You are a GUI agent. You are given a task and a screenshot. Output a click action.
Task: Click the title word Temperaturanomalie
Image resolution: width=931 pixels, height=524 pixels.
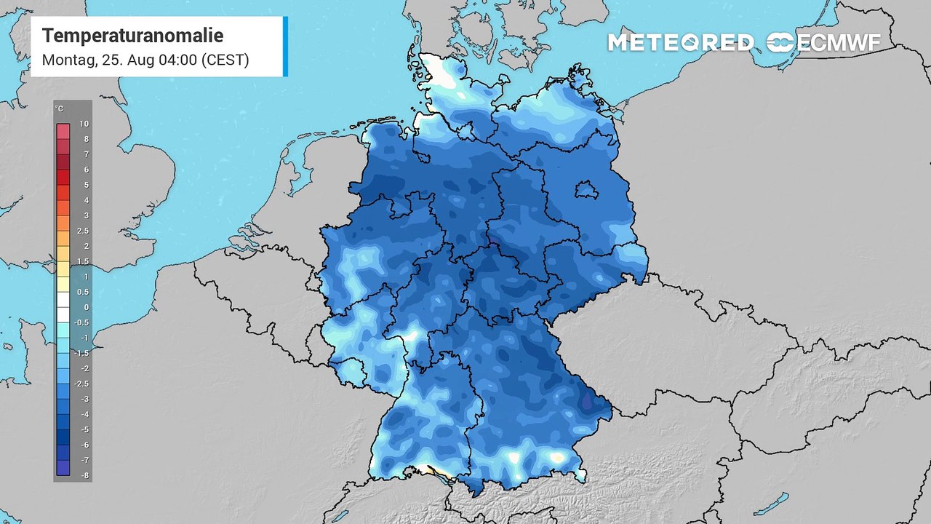pos(132,36)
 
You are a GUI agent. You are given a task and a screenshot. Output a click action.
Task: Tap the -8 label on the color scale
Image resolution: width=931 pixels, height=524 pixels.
pos(85,475)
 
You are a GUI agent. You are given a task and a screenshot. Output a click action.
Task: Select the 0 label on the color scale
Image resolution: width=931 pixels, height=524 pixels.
pos(85,307)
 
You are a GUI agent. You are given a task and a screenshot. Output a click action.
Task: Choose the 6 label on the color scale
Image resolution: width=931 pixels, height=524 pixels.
pos(85,170)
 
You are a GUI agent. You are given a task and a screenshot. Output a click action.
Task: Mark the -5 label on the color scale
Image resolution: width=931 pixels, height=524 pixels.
pos(85,429)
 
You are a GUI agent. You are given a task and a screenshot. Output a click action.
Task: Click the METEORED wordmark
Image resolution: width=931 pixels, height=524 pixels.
pos(681,42)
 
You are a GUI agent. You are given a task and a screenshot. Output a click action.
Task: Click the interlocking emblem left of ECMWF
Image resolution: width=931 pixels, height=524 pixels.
pos(780,42)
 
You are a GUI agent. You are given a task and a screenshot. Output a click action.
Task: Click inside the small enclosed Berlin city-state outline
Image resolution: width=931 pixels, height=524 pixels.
pos(586,191)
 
